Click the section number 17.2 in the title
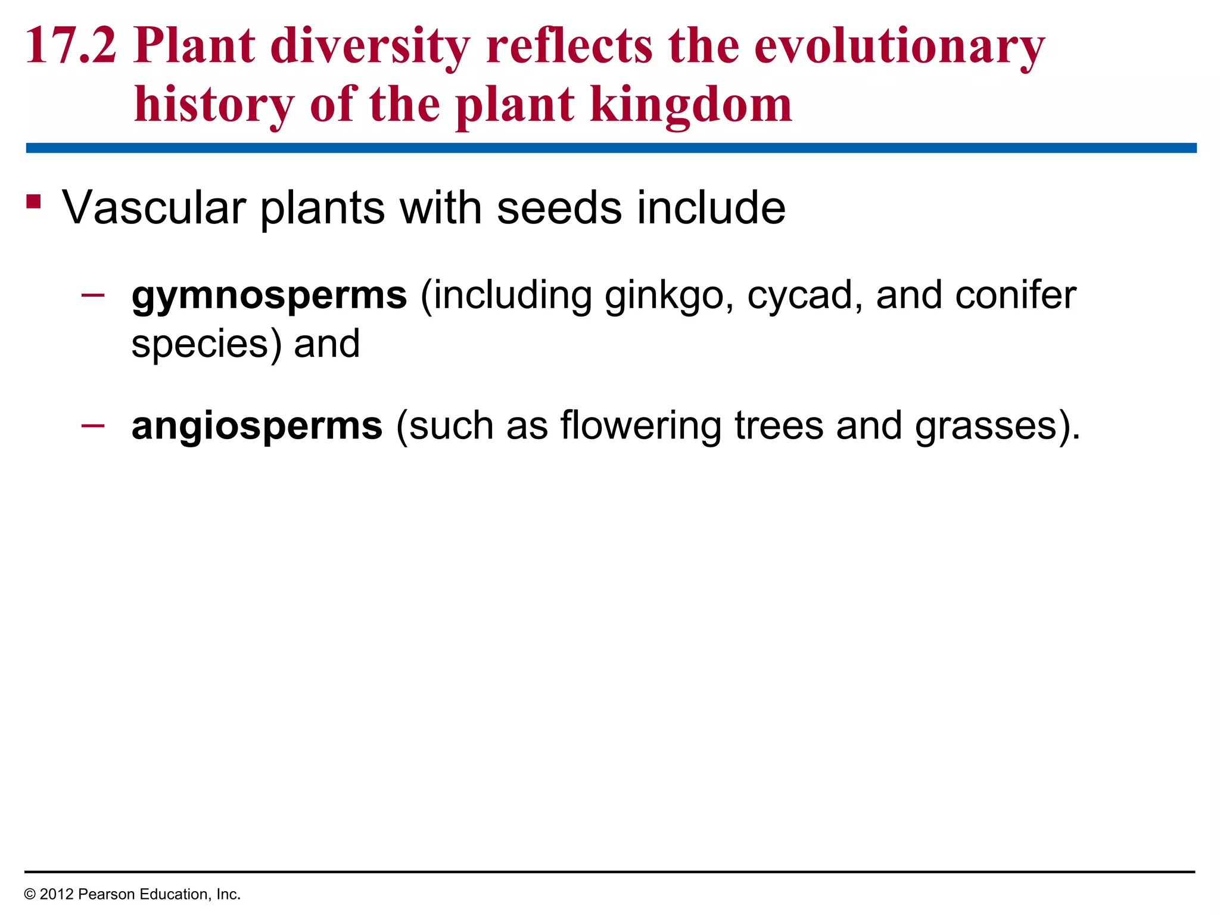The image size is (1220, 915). [x=71, y=46]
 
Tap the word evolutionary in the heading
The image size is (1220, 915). [x=899, y=46]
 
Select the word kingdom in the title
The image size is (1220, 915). [x=691, y=105]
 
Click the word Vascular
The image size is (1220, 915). [x=154, y=208]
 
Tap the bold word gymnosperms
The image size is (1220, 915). [x=269, y=296]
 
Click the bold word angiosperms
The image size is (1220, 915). [x=257, y=426]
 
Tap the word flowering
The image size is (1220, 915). [x=640, y=426]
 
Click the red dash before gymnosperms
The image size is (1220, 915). [x=93, y=294]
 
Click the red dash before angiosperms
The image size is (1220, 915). [x=93, y=425]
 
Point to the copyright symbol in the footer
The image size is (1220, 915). [x=30, y=895]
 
